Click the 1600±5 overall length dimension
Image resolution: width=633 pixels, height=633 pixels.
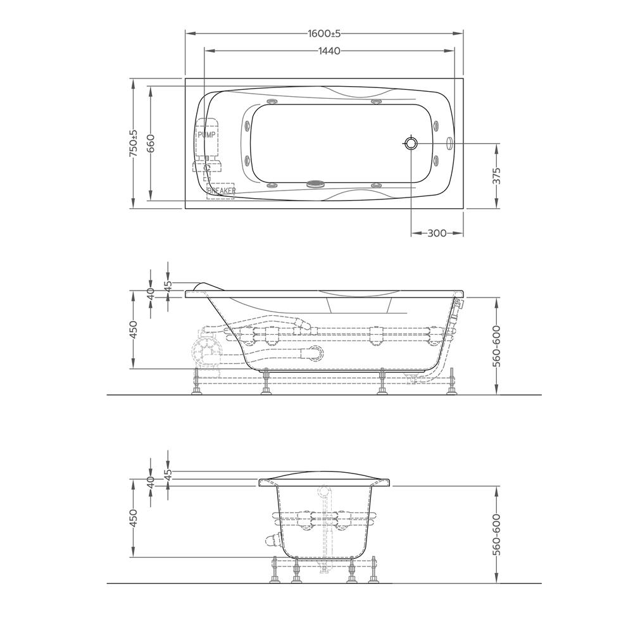324,34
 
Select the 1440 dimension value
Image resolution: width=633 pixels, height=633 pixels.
329,51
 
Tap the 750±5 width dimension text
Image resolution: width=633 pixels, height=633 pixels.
134,143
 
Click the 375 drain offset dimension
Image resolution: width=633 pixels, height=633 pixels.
497,177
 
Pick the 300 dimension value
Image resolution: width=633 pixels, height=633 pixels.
437,234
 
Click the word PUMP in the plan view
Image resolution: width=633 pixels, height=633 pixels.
206,135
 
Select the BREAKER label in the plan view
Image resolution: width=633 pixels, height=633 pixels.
221,191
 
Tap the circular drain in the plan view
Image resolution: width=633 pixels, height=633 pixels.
411,142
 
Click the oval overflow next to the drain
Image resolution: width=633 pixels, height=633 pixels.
450,143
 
